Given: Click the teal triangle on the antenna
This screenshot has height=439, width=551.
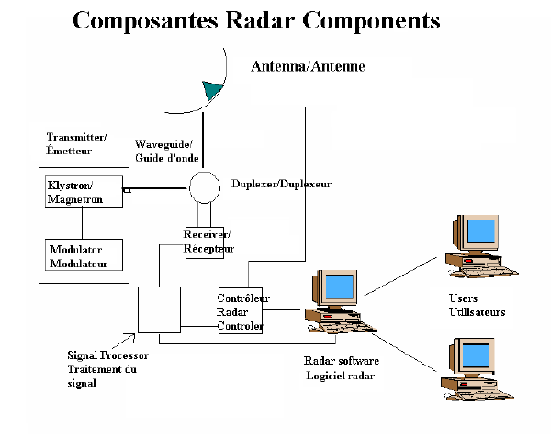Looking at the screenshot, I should point(213,90).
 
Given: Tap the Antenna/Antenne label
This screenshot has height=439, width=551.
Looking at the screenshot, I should point(295,67).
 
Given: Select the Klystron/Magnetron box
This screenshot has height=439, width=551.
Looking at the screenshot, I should point(81,192).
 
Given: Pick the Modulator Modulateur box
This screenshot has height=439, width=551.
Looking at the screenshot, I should point(81,256).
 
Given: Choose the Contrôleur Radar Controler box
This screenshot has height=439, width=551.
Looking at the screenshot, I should point(240,312).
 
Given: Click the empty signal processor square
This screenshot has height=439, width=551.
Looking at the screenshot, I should point(158,310).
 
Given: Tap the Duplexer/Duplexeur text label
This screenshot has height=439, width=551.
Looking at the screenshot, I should point(281,184).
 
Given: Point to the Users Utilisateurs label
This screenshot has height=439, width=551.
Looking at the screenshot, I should point(477,306).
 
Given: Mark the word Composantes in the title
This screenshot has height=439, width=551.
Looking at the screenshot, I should point(145,19).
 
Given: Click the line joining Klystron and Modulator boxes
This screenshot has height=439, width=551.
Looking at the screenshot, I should point(81,222).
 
